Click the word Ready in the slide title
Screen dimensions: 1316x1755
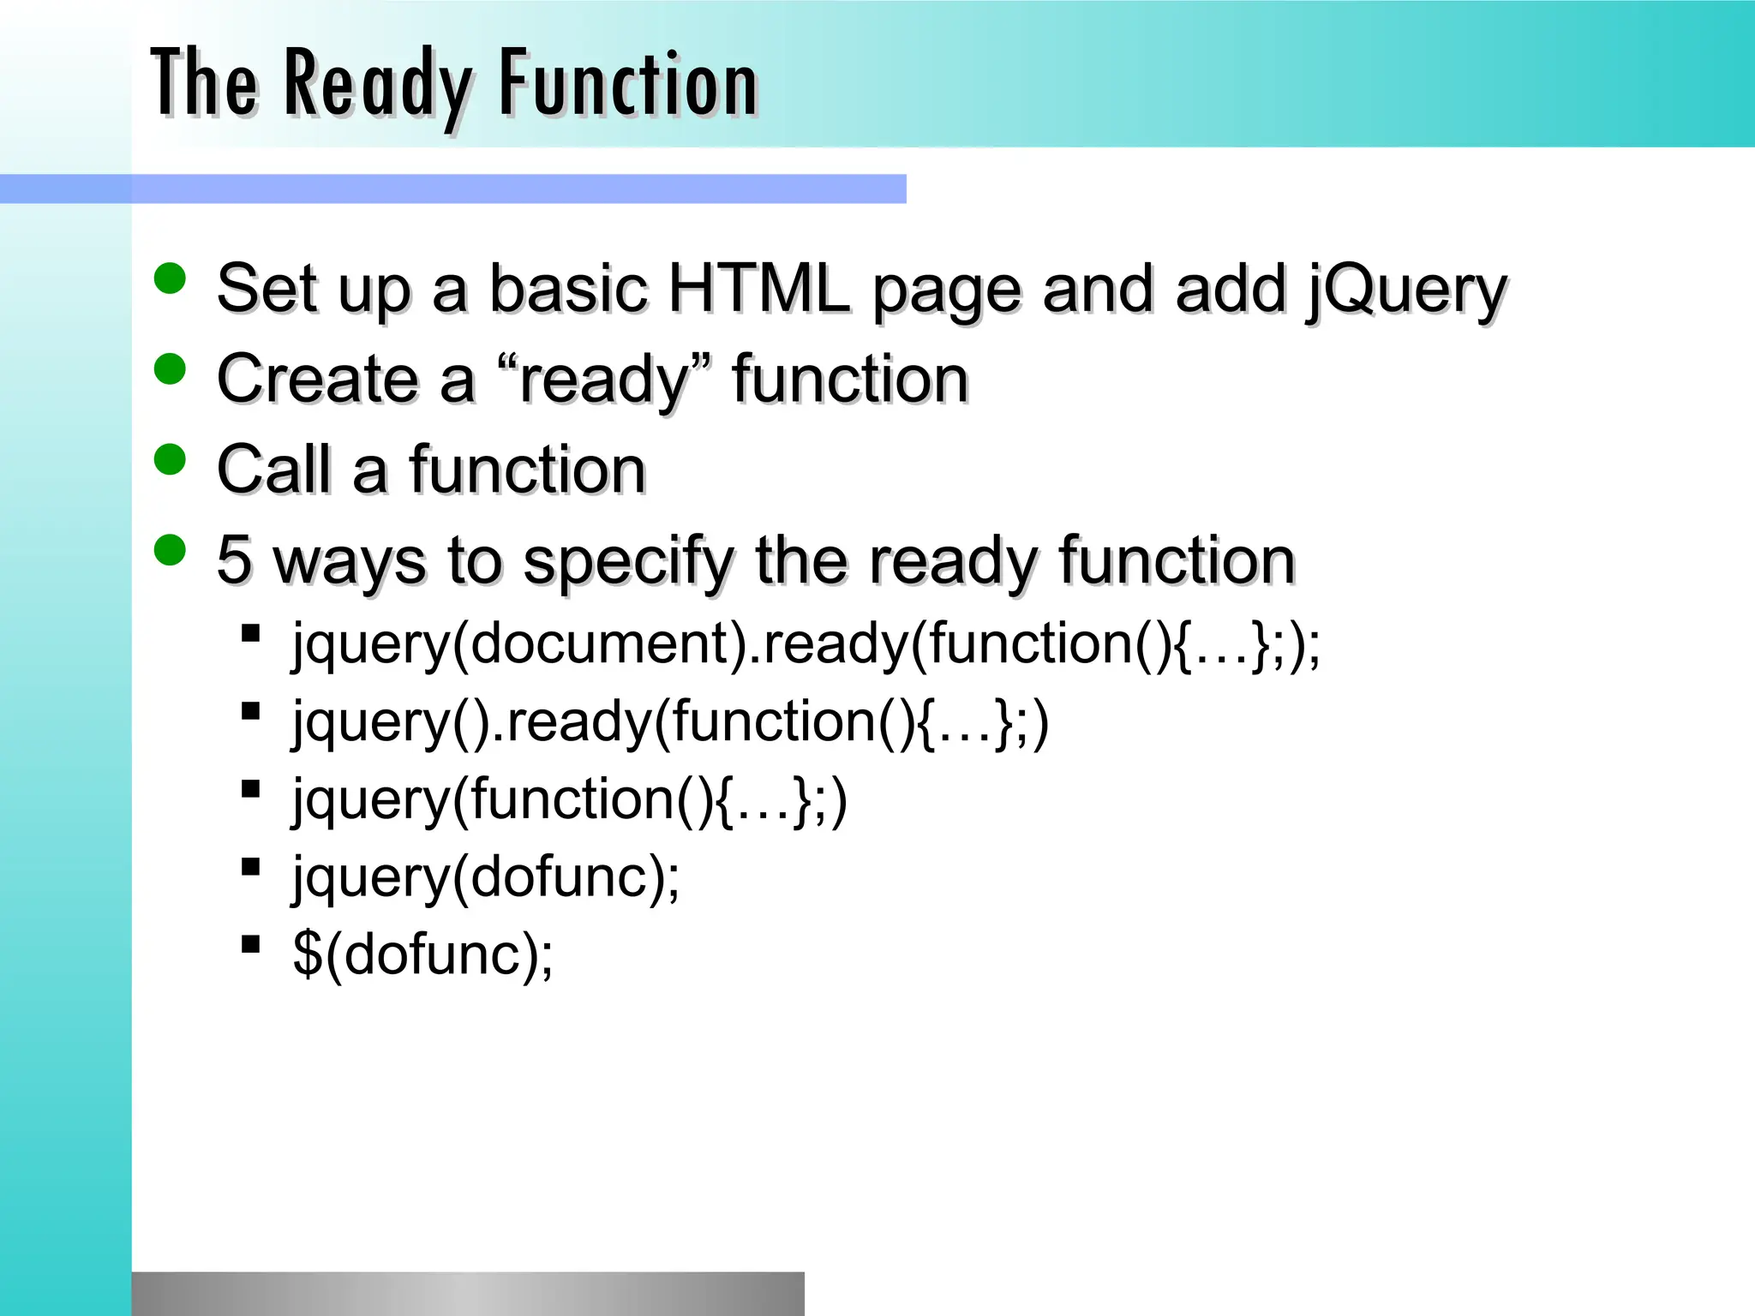coord(377,84)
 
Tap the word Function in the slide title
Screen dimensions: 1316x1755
coord(628,84)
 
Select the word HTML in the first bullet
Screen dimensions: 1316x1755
coord(758,289)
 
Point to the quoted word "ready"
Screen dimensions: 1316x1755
coord(604,380)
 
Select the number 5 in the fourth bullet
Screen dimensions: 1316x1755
coord(234,560)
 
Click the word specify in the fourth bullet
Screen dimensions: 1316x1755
coord(628,562)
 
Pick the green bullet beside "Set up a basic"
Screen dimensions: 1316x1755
coord(171,278)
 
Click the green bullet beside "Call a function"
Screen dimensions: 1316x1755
coord(171,459)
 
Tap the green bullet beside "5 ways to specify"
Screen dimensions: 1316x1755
coord(171,550)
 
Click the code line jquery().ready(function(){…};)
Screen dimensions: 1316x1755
coord(670,721)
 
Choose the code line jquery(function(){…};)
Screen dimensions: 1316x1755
coord(570,799)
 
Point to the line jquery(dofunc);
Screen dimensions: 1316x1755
coord(486,877)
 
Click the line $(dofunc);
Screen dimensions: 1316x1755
coord(422,954)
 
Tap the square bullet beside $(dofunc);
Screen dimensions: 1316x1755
coord(251,944)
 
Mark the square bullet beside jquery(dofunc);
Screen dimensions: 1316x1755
coord(251,867)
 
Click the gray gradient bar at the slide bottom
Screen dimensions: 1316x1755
coord(468,1294)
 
